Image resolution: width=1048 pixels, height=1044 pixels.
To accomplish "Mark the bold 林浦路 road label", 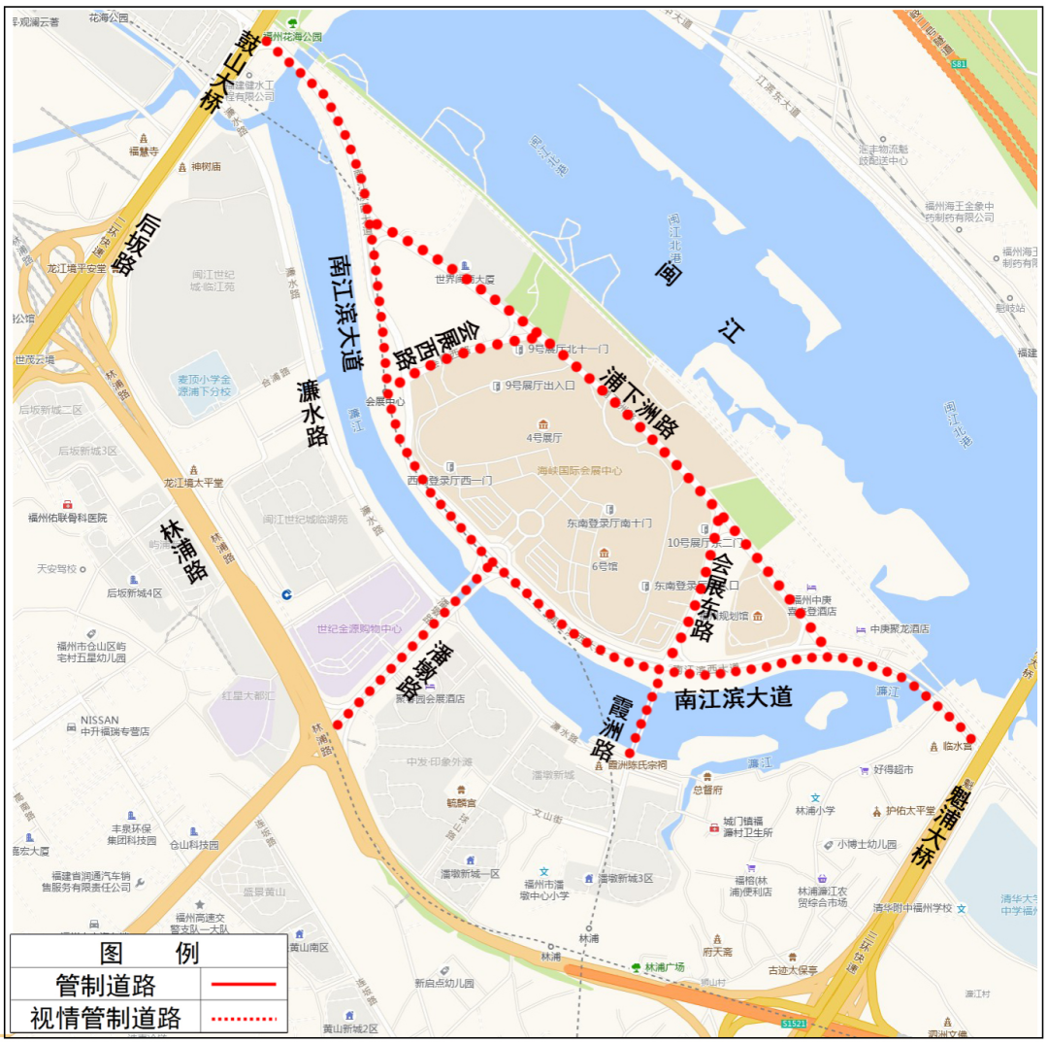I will [x=184, y=551].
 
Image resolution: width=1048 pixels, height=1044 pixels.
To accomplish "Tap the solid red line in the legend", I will [x=243, y=985].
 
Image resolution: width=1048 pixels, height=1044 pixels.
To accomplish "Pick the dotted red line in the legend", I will [x=243, y=1018].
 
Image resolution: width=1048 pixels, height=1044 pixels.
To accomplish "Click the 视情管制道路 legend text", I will [x=106, y=1018].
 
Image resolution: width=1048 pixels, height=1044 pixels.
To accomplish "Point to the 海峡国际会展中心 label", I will [x=580, y=470].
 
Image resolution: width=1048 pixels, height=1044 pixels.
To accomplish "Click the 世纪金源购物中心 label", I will [x=358, y=628].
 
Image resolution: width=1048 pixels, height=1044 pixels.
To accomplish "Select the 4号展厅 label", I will [x=544, y=438].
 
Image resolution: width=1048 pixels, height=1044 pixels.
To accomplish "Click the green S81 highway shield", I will [x=959, y=64].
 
